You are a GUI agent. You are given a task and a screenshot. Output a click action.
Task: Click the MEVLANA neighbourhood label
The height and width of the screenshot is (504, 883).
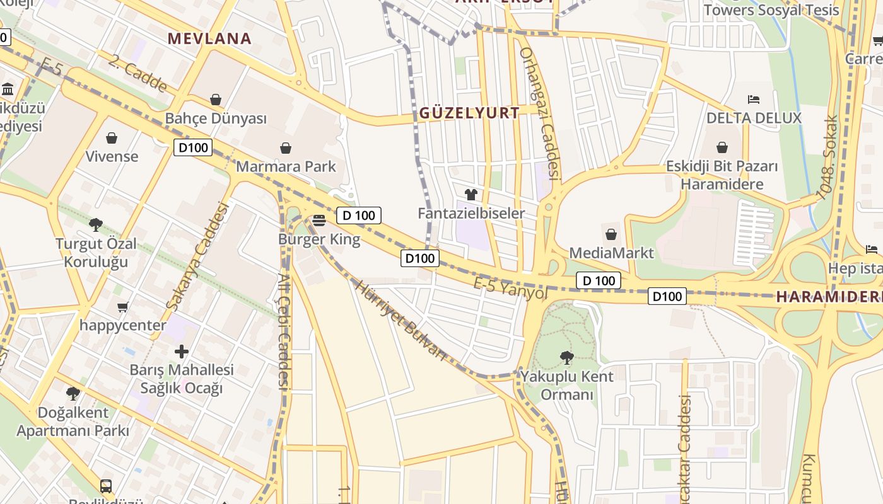[209, 38]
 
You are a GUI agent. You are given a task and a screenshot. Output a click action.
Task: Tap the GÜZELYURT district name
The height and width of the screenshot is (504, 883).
[470, 113]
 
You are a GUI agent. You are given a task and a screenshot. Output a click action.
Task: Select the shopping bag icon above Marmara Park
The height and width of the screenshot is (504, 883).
[286, 148]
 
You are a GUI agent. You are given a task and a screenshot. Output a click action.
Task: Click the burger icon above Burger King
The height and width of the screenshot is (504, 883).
[319, 220]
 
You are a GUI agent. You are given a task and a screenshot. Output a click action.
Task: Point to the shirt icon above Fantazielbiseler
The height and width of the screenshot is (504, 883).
[471, 195]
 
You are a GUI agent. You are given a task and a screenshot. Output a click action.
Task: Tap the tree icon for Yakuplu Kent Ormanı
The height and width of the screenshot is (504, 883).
[566, 358]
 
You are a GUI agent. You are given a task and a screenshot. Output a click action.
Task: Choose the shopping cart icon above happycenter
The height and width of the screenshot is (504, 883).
[123, 307]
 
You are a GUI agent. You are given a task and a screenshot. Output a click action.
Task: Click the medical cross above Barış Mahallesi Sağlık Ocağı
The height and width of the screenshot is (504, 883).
[182, 351]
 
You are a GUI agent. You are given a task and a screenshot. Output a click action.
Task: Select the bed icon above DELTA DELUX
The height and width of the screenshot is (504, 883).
[753, 99]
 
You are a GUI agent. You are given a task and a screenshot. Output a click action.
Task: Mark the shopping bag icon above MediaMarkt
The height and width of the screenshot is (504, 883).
[611, 234]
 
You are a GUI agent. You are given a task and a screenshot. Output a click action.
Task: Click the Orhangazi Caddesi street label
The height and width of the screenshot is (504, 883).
[541, 113]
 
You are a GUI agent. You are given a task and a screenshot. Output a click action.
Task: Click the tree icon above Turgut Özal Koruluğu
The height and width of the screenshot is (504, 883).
[96, 224]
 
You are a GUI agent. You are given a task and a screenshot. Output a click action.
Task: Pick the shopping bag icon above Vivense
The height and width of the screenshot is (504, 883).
[112, 137]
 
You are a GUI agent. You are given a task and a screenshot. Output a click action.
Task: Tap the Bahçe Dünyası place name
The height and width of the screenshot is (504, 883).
[216, 118]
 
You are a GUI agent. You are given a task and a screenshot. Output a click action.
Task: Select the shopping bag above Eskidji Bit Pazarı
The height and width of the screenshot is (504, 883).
[722, 147]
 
